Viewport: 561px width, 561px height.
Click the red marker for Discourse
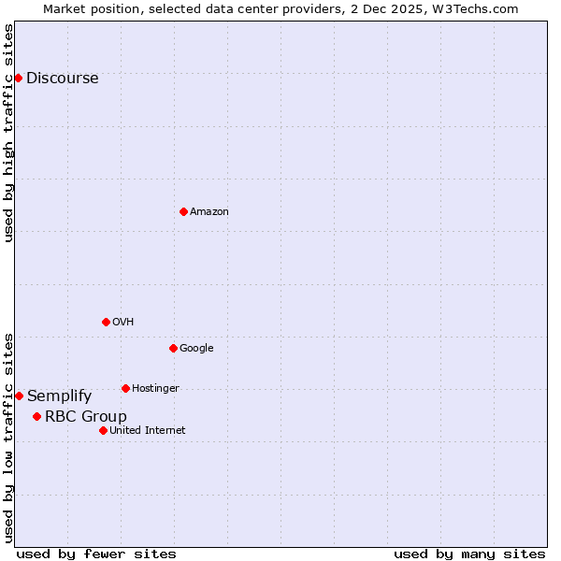click(18, 78)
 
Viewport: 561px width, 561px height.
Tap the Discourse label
click(62, 79)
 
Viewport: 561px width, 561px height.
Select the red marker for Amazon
click(183, 211)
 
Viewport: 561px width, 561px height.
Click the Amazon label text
click(209, 212)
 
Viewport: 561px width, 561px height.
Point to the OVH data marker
click(106, 322)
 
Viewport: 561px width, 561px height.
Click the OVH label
click(122, 323)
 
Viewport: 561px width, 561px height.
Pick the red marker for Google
click(173, 348)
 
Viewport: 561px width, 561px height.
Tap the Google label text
click(196, 349)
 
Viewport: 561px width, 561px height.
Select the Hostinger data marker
click(125, 388)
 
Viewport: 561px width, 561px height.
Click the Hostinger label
click(155, 389)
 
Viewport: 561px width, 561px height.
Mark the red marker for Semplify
click(19, 396)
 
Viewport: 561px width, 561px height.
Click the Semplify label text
click(59, 396)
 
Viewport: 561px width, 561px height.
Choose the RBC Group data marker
click(36, 416)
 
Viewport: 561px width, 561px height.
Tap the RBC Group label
click(85, 417)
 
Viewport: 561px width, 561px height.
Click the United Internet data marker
click(103, 430)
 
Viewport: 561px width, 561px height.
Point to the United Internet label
click(147, 431)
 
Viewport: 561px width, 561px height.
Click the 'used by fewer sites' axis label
click(96, 554)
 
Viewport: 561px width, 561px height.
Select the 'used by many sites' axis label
click(469, 554)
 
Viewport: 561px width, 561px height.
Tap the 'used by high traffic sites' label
click(8, 133)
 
